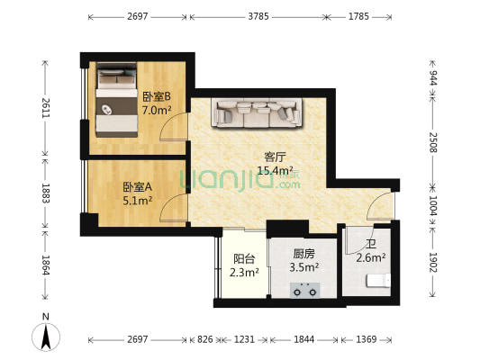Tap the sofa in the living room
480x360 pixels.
(x=256, y=112)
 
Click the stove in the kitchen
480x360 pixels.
(x=303, y=289)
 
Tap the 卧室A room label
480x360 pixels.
(x=138, y=187)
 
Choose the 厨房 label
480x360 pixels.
(x=304, y=253)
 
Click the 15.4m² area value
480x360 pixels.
(x=275, y=169)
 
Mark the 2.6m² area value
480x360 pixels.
(x=371, y=258)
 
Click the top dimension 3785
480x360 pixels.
(x=258, y=16)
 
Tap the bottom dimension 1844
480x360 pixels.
(x=304, y=339)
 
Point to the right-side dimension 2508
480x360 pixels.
(x=432, y=142)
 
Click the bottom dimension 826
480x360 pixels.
(x=205, y=339)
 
